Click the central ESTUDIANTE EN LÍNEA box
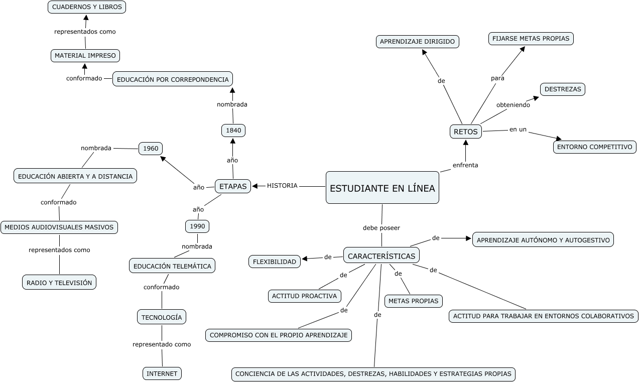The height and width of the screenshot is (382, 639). click(382, 188)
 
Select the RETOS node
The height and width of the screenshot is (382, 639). click(465, 132)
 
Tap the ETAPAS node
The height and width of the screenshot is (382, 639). click(233, 186)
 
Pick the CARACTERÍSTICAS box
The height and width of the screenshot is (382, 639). click(381, 256)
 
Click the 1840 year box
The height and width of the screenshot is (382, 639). click(233, 131)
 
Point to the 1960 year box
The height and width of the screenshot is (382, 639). click(151, 149)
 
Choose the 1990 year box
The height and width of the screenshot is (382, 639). click(197, 226)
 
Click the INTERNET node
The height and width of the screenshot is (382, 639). click(162, 373)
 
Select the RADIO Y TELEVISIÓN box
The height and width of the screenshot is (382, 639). click(59, 283)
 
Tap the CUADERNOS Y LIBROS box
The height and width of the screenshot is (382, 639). click(87, 7)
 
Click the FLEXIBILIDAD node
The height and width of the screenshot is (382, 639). click(275, 262)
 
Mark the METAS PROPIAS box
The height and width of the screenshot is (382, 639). click(414, 301)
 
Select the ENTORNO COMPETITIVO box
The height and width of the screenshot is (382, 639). click(595, 147)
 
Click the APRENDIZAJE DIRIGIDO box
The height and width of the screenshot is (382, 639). click(418, 42)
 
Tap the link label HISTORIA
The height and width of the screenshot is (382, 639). click(282, 186)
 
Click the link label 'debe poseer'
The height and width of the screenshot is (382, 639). click(381, 228)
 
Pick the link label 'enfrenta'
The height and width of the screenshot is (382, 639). click(465, 165)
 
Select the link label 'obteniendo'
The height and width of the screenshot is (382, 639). click(513, 105)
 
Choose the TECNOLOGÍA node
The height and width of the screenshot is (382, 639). click(162, 317)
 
